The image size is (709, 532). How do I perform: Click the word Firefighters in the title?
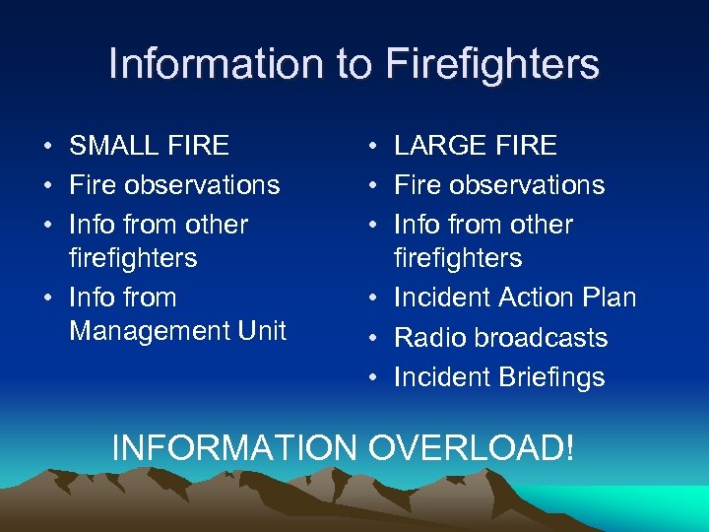[x=492, y=64]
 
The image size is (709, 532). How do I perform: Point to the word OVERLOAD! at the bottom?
[x=470, y=447]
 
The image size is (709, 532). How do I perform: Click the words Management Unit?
[x=177, y=331]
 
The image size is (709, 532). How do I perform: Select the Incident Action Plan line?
[x=515, y=298]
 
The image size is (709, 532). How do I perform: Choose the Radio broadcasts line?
[x=500, y=338]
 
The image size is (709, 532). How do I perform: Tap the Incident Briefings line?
[x=499, y=377]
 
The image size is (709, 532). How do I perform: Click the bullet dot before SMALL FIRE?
[x=47, y=147]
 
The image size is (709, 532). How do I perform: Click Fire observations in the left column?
[x=174, y=185]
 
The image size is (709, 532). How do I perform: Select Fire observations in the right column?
[x=499, y=185]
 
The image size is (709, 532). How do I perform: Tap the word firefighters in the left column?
[x=133, y=258]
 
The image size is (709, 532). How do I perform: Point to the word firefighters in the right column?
[x=458, y=258]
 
